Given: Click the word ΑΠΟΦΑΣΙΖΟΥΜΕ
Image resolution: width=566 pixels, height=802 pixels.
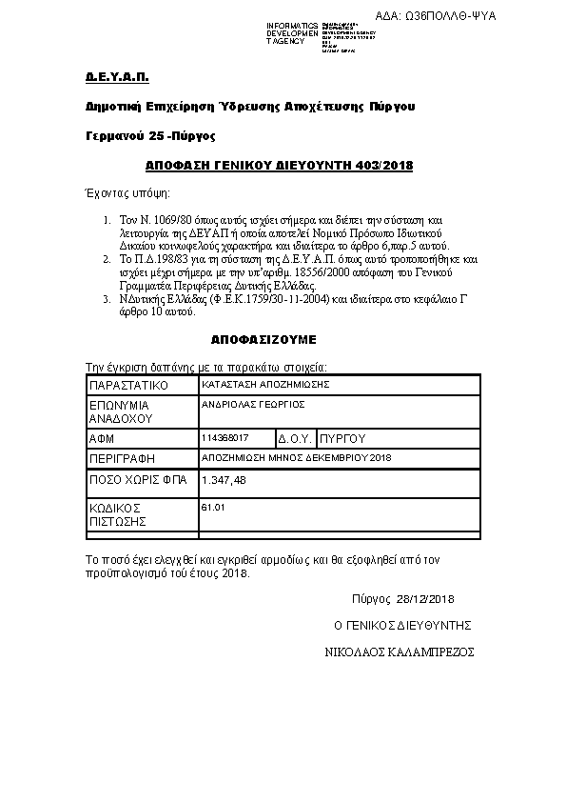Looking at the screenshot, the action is click(263, 339).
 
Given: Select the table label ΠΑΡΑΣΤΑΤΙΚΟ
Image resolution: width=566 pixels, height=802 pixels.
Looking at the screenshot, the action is click(127, 386).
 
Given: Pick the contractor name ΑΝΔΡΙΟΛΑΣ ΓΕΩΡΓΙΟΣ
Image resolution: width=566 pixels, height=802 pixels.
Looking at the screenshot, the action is click(252, 404).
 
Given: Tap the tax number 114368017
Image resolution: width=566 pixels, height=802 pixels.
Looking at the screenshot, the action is click(225, 437).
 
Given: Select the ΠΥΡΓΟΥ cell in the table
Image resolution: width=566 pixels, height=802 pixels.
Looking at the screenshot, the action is click(343, 439).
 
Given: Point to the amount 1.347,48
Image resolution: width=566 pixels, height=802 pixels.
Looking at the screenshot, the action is click(224, 481).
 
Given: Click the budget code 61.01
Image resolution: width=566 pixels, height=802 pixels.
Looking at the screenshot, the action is click(213, 508).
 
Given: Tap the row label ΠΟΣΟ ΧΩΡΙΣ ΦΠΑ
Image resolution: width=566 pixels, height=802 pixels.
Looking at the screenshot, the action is click(135, 481).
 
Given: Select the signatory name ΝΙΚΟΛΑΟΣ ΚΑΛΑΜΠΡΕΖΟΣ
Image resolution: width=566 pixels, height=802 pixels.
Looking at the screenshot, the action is click(400, 653).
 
